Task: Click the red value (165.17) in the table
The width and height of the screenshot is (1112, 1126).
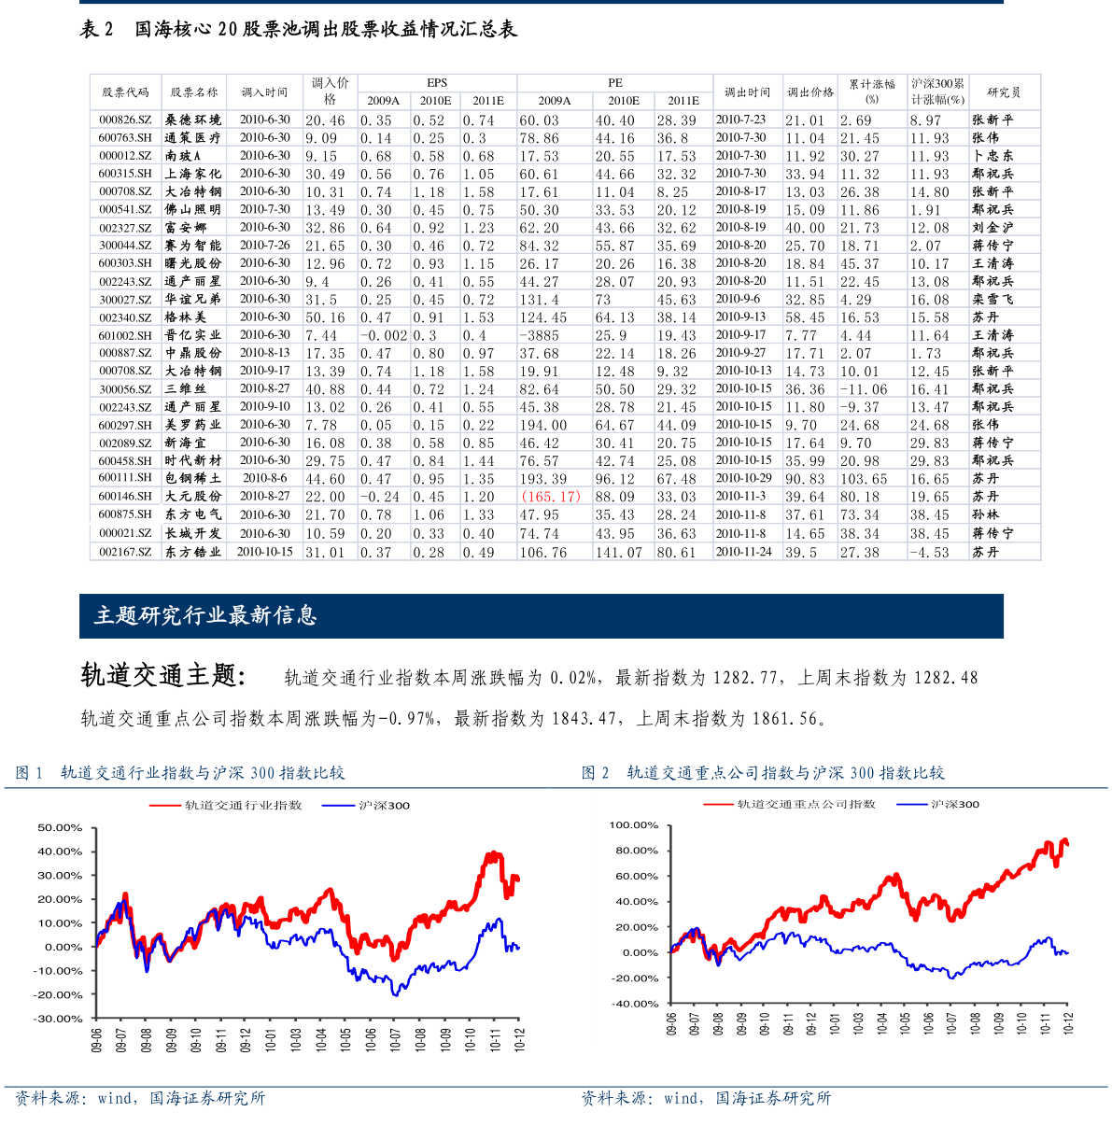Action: [x=551, y=497]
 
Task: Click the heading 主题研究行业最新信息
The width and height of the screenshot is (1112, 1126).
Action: [x=205, y=615]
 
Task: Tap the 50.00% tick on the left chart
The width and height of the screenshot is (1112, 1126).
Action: [x=60, y=828]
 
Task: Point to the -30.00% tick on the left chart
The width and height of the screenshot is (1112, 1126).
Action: [x=58, y=1019]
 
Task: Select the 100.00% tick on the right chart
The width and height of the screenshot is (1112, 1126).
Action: [x=634, y=825]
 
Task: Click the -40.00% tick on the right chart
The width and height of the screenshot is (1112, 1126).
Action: [x=634, y=1004]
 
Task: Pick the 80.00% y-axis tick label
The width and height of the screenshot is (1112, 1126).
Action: [x=636, y=851]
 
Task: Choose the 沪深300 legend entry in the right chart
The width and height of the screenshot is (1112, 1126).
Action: [x=954, y=804]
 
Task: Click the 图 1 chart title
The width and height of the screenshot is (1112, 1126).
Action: [x=180, y=773]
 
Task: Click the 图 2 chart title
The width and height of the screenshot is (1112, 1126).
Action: [x=763, y=773]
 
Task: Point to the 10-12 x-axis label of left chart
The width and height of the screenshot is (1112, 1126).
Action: [x=520, y=1040]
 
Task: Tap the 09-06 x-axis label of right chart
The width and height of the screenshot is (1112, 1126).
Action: [x=672, y=1023]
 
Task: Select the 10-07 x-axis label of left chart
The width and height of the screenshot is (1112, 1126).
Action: [x=395, y=1040]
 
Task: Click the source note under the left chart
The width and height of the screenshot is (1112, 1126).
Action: [x=140, y=1099]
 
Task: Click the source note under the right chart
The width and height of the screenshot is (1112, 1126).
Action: [x=706, y=1099]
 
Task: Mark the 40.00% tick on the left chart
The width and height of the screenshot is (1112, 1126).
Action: [x=60, y=852]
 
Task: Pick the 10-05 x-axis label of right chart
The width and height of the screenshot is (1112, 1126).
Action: [x=906, y=1023]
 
